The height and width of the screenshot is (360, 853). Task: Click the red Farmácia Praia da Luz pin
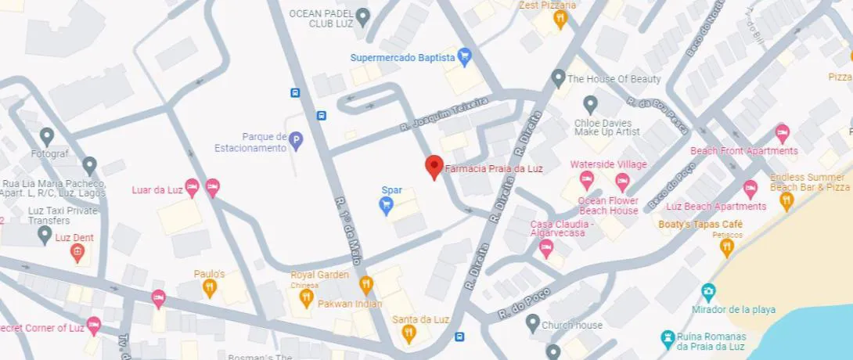click(434, 167)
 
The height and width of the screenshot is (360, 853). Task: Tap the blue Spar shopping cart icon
click(386, 205)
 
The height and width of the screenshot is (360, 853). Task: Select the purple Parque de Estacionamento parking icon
click(296, 141)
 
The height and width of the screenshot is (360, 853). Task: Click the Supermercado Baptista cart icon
click(465, 56)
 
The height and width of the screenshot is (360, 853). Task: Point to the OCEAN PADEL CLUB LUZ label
click(322, 18)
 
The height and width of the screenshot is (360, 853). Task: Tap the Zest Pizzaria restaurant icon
click(559, 20)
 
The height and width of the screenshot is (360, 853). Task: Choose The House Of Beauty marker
click(558, 78)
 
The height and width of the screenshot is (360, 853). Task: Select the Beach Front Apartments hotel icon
click(782, 132)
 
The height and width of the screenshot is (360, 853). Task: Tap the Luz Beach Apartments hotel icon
click(750, 189)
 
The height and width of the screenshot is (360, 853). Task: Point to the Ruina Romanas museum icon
click(667, 337)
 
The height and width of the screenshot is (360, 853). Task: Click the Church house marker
click(533, 322)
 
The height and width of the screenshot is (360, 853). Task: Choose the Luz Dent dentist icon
click(77, 252)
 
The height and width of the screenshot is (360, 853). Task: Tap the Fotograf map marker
click(47, 137)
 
